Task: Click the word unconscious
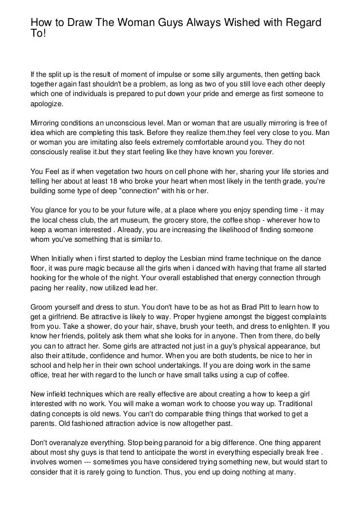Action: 129,123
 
